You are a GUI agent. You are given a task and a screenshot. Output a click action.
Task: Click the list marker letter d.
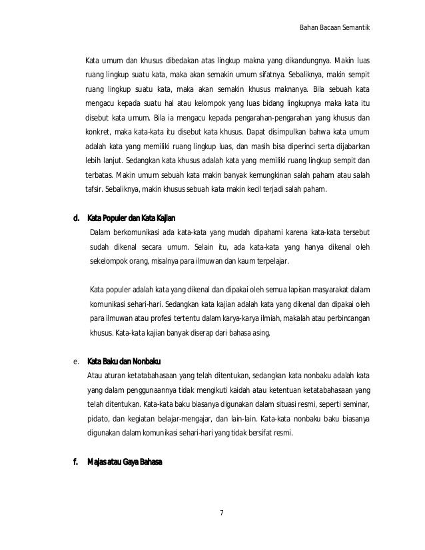pos(76,218)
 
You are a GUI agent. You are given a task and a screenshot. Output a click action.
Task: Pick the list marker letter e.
pos(76,362)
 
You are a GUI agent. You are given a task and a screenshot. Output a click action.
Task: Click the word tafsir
pos(95,189)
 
